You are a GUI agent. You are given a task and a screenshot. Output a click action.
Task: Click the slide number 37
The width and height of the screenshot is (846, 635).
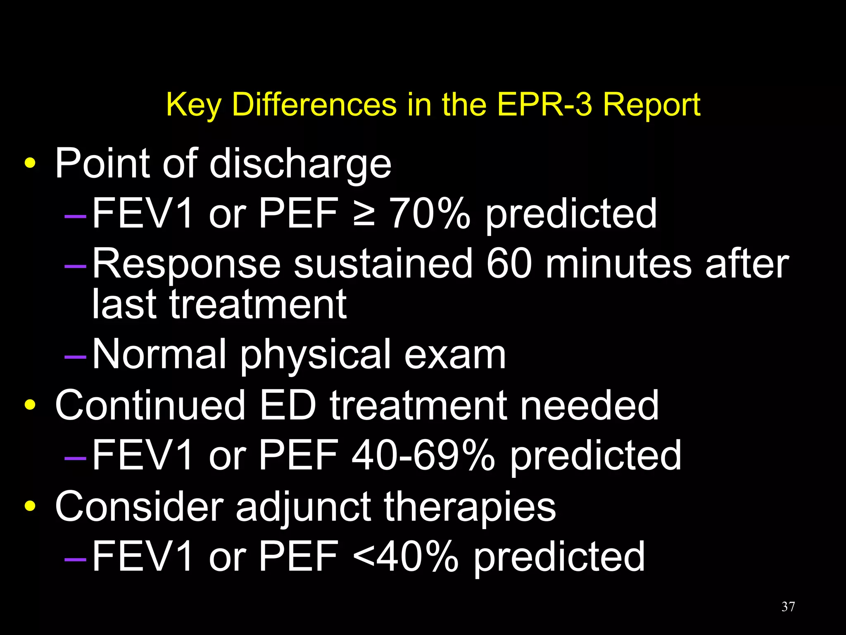point(788,606)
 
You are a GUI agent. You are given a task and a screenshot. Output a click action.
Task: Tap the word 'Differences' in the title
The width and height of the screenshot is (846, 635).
point(314,105)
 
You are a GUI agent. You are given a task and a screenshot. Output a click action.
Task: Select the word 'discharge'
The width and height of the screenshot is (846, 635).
point(300,165)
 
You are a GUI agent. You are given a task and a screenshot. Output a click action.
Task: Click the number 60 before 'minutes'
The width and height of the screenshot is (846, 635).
point(509,264)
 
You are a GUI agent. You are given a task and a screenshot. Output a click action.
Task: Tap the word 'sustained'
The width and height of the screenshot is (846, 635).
point(383,264)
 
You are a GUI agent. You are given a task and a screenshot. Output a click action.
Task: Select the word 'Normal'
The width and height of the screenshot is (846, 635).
point(159,355)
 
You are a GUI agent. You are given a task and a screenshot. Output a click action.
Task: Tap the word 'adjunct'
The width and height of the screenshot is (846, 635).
point(303,508)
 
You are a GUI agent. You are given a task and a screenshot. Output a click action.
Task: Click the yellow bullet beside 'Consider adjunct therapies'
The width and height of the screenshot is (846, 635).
point(30,506)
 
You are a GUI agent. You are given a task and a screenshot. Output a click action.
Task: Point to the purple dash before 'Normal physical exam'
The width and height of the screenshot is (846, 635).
point(75,356)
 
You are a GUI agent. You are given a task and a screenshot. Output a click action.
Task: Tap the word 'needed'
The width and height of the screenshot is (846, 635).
point(589,406)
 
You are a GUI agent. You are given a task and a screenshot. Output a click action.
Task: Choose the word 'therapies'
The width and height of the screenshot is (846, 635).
point(470,508)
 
